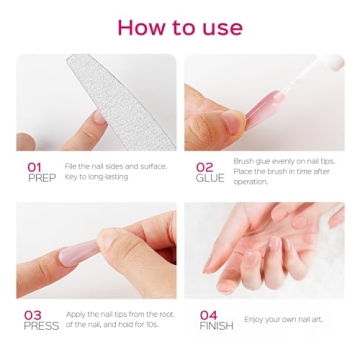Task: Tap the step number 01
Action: pos(33,166)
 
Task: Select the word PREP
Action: pos(40,178)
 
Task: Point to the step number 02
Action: pos(204,166)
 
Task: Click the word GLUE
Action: pos(210,178)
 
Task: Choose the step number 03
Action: pos(33,314)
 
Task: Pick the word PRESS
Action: pos(40,326)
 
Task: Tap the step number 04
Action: pos(208,314)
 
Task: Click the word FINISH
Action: pos(216,326)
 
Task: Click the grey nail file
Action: pos(105,95)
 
